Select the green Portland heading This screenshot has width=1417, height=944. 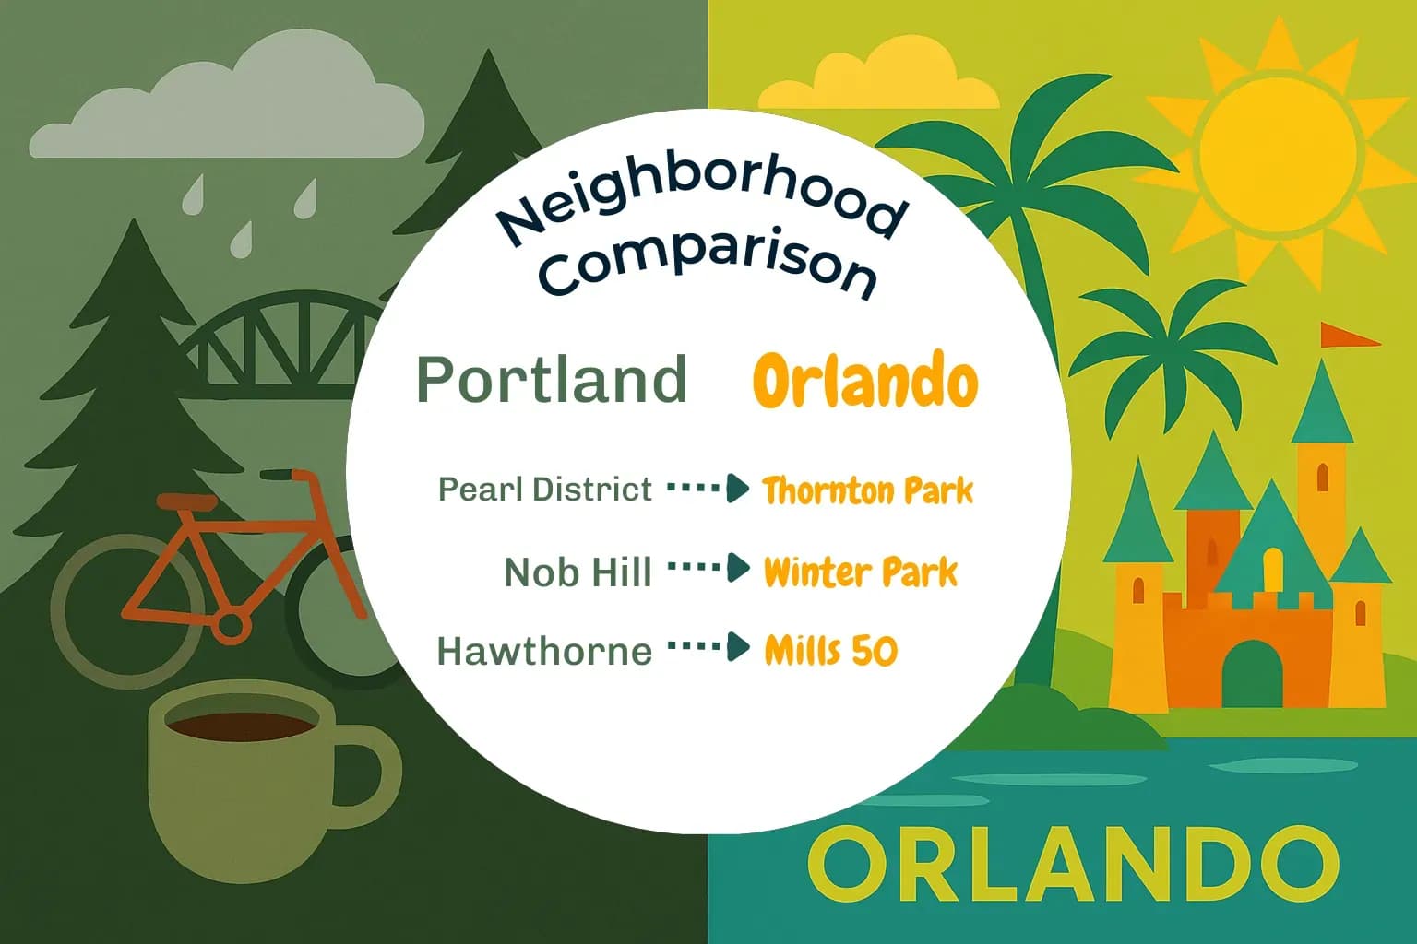point(552,379)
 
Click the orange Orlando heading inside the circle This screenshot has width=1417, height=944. point(864,381)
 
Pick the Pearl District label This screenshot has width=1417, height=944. point(544,489)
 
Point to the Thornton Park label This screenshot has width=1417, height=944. point(867,490)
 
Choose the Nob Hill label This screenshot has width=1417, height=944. point(578,572)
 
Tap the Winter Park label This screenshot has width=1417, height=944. point(860,572)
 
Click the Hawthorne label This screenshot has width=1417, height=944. point(544,651)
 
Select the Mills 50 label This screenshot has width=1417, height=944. point(830,651)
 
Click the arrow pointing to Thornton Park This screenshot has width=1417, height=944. point(708,489)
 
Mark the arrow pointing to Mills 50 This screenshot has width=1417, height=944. point(708,648)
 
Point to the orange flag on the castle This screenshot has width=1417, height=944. point(1346,335)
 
